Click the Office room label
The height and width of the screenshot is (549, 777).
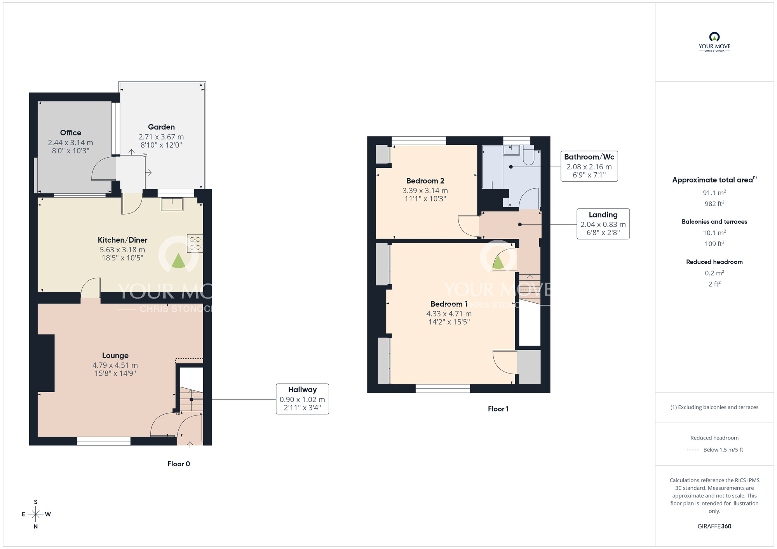(70, 133)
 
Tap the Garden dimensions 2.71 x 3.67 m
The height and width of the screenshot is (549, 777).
(161, 137)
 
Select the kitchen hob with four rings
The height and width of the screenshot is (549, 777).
(195, 243)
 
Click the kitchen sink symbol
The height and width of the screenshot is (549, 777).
(172, 204)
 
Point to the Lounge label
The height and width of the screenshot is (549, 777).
(115, 355)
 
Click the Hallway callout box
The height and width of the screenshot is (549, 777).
(302, 399)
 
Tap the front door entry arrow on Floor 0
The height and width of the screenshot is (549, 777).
(190, 444)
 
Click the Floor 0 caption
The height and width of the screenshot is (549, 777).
(178, 464)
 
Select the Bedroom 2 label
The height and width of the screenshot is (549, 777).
(425, 181)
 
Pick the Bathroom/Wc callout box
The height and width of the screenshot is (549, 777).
(589, 166)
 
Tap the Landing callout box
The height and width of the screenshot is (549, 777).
(603, 224)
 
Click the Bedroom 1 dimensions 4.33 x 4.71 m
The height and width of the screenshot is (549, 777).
(449, 314)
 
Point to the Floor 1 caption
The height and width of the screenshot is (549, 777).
(498, 409)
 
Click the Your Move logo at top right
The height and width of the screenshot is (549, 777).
(714, 42)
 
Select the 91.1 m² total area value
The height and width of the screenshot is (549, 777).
(714, 193)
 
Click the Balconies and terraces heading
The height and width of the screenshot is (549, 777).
(714, 222)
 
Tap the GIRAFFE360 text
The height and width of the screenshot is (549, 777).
(714, 526)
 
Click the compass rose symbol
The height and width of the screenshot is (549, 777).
(36, 514)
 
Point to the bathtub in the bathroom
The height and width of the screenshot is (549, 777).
(492, 167)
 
